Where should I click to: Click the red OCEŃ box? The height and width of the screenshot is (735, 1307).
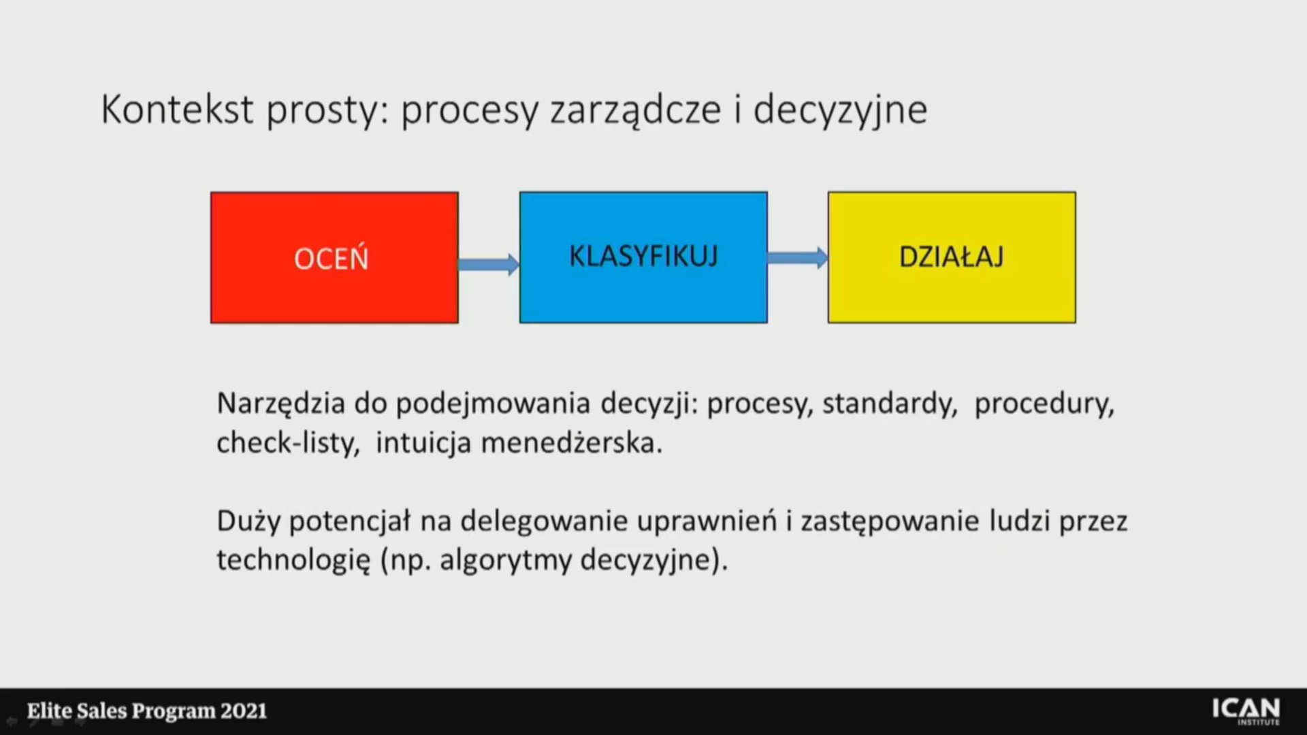coord(334,257)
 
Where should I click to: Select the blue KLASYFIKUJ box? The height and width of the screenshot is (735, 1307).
coord(643,257)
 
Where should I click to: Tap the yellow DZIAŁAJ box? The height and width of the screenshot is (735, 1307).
coord(952,257)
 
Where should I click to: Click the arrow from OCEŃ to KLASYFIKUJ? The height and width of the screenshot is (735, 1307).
coord(489,264)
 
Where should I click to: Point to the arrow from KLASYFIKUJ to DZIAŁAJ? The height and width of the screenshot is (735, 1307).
coord(798,257)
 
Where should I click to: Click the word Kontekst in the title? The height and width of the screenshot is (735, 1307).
coord(177,109)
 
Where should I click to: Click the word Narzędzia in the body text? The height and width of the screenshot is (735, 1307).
coord(281,404)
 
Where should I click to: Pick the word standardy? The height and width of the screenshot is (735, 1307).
coord(890,404)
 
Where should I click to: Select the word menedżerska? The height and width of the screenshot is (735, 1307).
coord(572,443)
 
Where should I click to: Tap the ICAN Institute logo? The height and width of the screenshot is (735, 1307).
coord(1246,711)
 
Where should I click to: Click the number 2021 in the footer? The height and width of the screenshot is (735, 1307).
coord(243,711)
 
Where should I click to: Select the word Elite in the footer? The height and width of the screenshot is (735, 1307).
coord(49,711)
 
